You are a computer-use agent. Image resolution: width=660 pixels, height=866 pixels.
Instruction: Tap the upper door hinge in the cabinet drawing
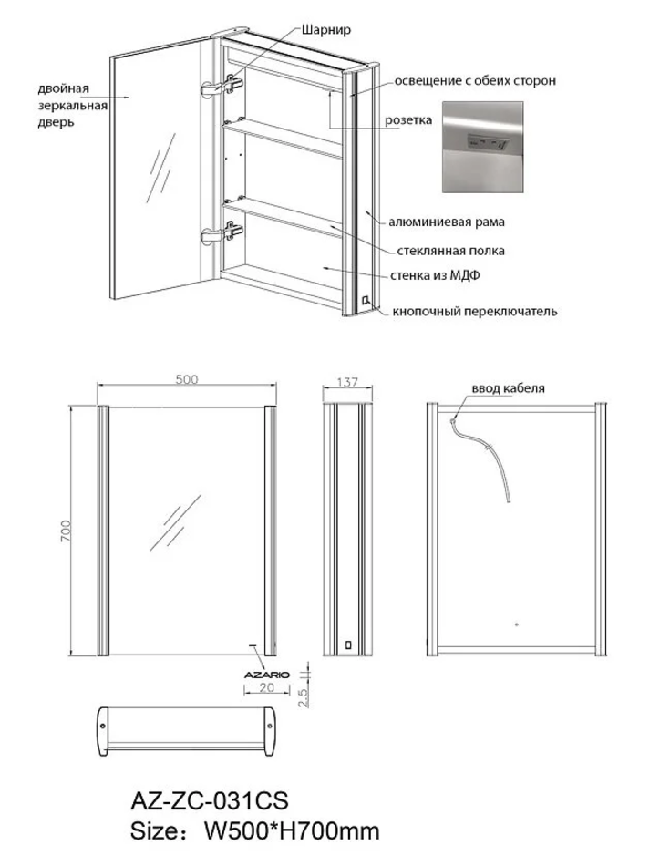(222, 85)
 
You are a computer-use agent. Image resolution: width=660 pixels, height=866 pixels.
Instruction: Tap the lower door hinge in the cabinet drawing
(222, 233)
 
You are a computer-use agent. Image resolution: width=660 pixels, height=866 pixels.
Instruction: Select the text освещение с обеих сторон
(474, 81)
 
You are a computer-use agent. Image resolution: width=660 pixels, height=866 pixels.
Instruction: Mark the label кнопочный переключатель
(475, 312)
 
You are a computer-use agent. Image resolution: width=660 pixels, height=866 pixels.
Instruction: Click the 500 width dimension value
(187, 379)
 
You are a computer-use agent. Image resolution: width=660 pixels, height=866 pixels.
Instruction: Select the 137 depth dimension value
(348, 382)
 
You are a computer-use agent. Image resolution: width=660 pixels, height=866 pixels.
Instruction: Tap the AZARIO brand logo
(265, 674)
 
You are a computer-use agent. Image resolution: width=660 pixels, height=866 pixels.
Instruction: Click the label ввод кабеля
(508, 387)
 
